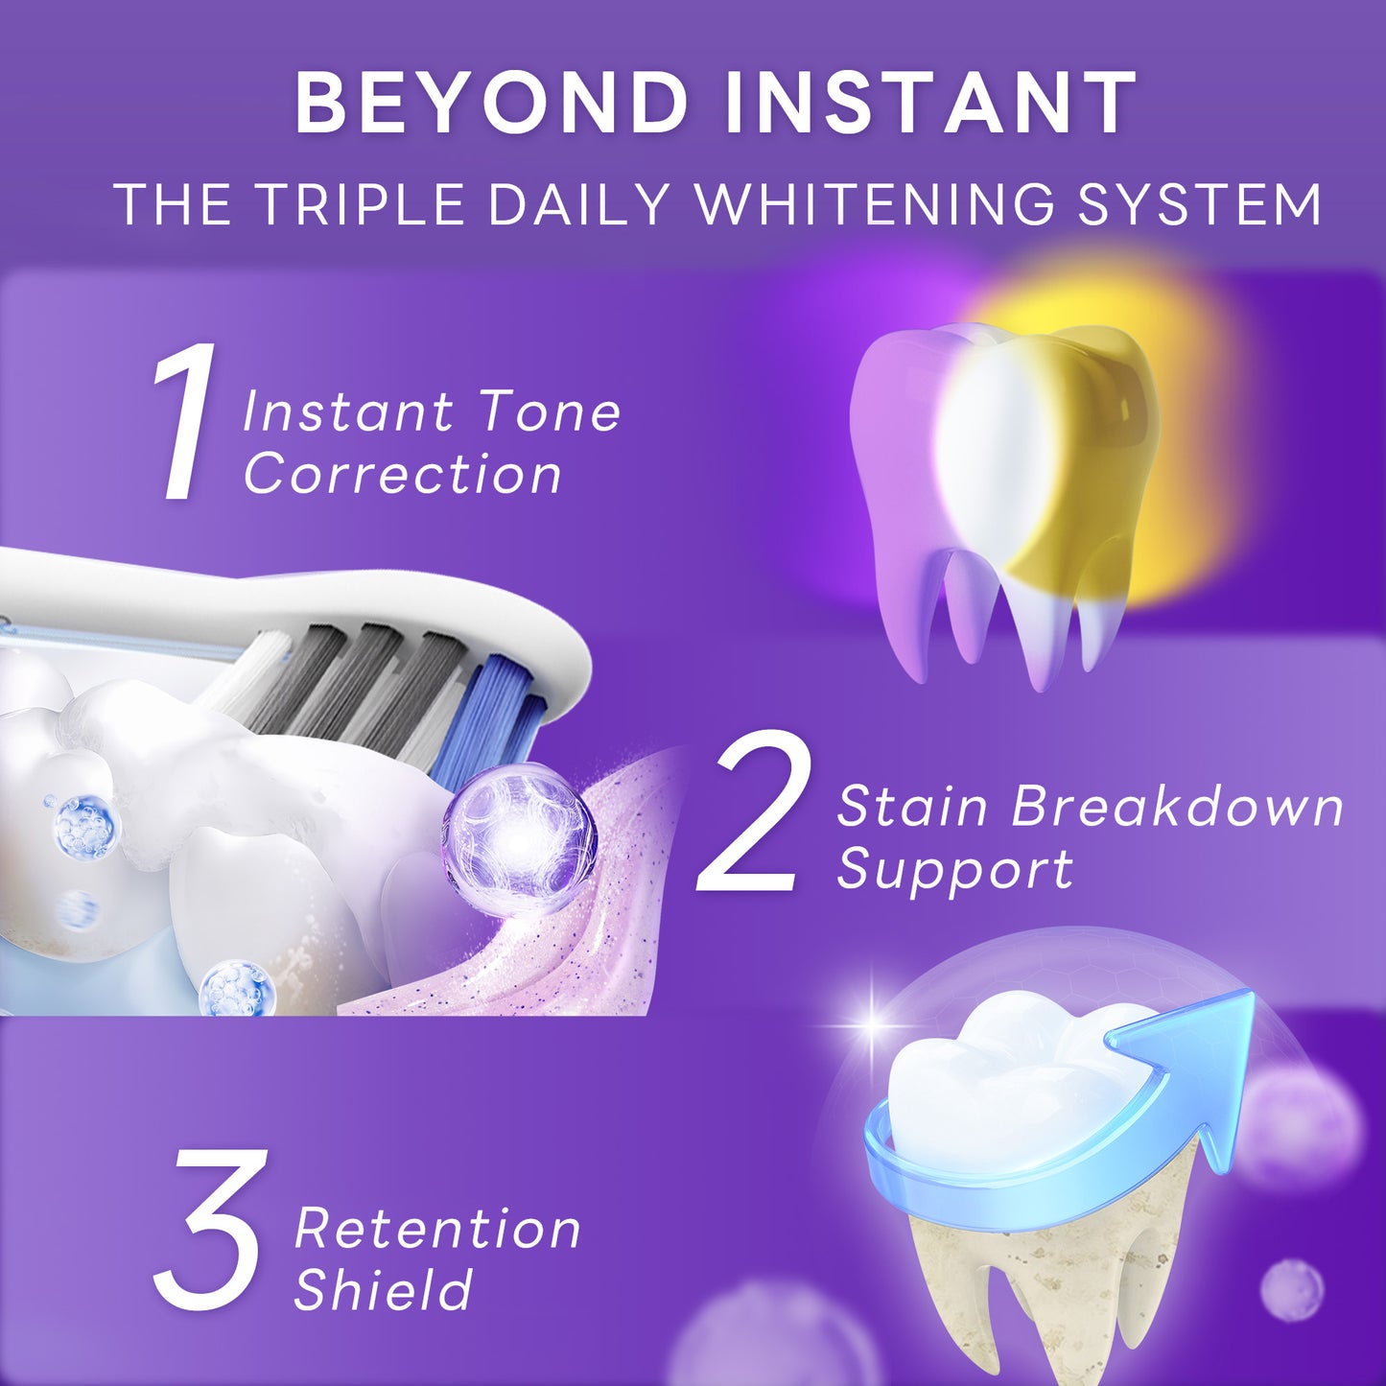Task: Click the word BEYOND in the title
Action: click(x=492, y=103)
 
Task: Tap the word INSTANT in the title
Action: click(x=931, y=103)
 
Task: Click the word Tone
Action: click(x=550, y=412)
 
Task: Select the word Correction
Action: click(x=402, y=474)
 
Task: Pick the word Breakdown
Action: click(x=1178, y=806)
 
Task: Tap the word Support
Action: click(x=954, y=869)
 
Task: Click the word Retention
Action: click(x=437, y=1228)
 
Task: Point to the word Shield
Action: click(x=383, y=1289)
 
